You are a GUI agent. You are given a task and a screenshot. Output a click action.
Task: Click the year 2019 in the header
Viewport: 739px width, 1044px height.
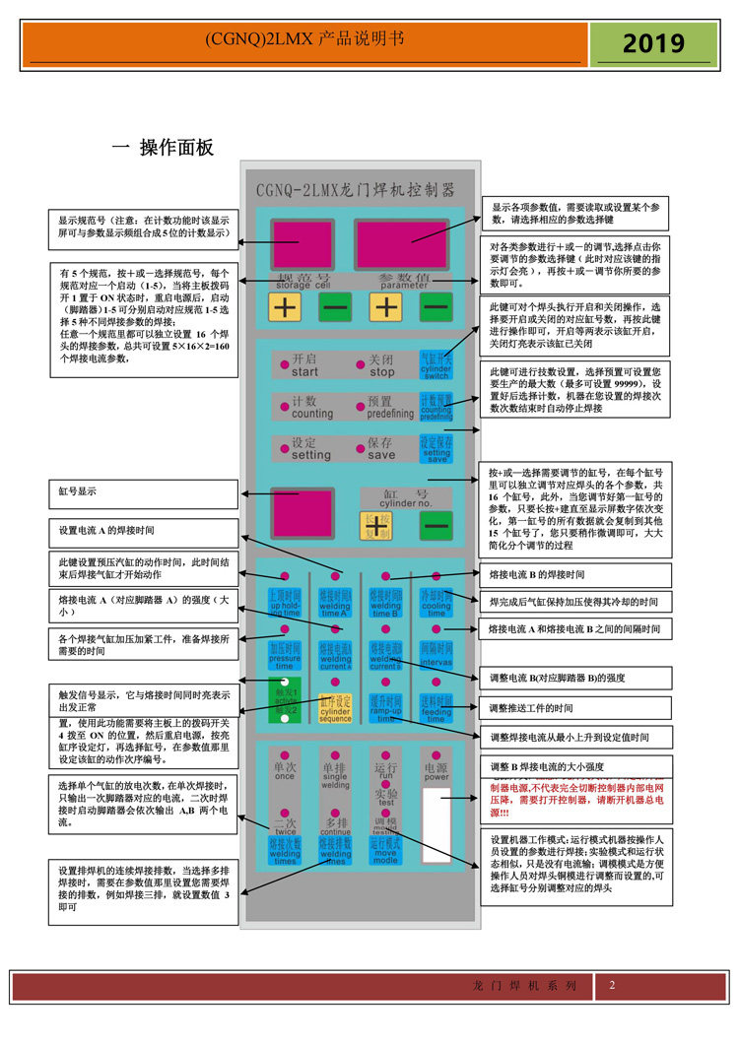[x=653, y=44]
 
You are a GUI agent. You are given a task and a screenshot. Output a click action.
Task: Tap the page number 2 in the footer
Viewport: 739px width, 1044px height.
[x=612, y=986]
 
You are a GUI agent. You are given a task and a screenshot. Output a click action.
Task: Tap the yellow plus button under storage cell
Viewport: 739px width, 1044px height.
[x=285, y=307]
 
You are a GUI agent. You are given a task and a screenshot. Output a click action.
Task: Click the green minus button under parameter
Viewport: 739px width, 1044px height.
[x=435, y=307]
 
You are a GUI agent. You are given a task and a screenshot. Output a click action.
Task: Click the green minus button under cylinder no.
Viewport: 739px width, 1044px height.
[x=435, y=527]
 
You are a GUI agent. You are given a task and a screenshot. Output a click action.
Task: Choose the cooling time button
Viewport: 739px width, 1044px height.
[x=436, y=601]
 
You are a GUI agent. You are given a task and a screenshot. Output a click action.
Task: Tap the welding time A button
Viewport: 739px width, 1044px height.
[x=335, y=601]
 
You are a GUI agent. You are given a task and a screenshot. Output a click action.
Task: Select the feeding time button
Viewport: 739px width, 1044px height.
[x=436, y=705]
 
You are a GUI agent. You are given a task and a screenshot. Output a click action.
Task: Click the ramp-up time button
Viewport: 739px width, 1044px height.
[x=385, y=705]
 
